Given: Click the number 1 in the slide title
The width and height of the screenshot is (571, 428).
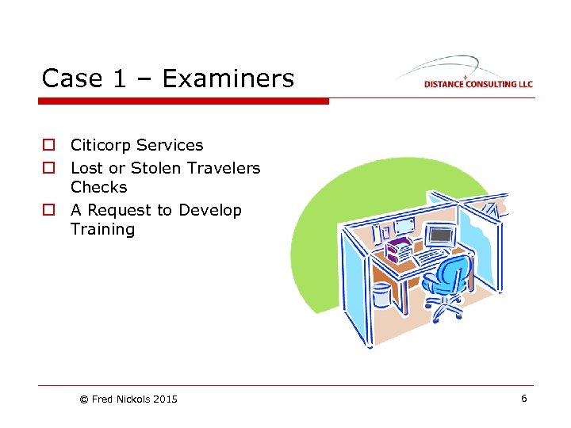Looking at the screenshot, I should point(117,78).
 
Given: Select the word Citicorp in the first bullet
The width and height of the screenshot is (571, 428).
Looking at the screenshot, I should point(101,145).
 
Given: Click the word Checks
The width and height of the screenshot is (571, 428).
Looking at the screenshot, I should point(98,187).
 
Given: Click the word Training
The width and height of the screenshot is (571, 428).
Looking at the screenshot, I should point(102,230).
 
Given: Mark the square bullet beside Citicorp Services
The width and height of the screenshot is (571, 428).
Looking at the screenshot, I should point(48,146).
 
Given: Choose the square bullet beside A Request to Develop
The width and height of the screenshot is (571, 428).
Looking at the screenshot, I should point(48,211).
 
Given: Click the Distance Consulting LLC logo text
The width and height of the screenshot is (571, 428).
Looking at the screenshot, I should point(477,84).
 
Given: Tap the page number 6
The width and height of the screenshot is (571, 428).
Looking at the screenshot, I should point(523,399).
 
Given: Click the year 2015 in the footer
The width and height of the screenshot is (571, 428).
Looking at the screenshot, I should point(165,399).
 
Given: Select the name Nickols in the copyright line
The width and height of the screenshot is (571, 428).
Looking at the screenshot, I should point(133,399).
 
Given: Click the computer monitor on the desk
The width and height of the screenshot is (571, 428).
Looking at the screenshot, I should point(440,235).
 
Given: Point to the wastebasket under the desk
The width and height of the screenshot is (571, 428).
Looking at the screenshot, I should point(381,295).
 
